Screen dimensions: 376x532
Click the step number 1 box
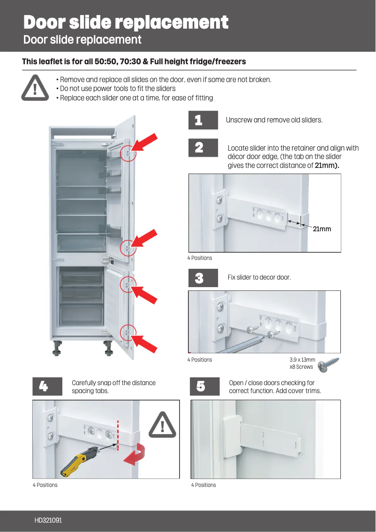click(x=203, y=120)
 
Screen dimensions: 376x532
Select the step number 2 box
click(x=203, y=148)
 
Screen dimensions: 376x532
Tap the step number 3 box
click(x=203, y=278)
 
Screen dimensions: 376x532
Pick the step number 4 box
click(x=47, y=387)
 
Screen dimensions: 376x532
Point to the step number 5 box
click(x=204, y=387)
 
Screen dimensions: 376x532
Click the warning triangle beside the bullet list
click(x=35, y=88)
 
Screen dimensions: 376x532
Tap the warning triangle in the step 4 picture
click(x=162, y=425)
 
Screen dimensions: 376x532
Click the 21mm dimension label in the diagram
click(x=322, y=229)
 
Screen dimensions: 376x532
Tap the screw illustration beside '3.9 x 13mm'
click(x=328, y=365)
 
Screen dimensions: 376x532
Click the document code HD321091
click(x=48, y=520)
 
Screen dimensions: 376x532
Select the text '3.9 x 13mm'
click(x=302, y=360)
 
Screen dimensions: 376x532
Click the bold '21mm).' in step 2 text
click(x=327, y=166)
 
